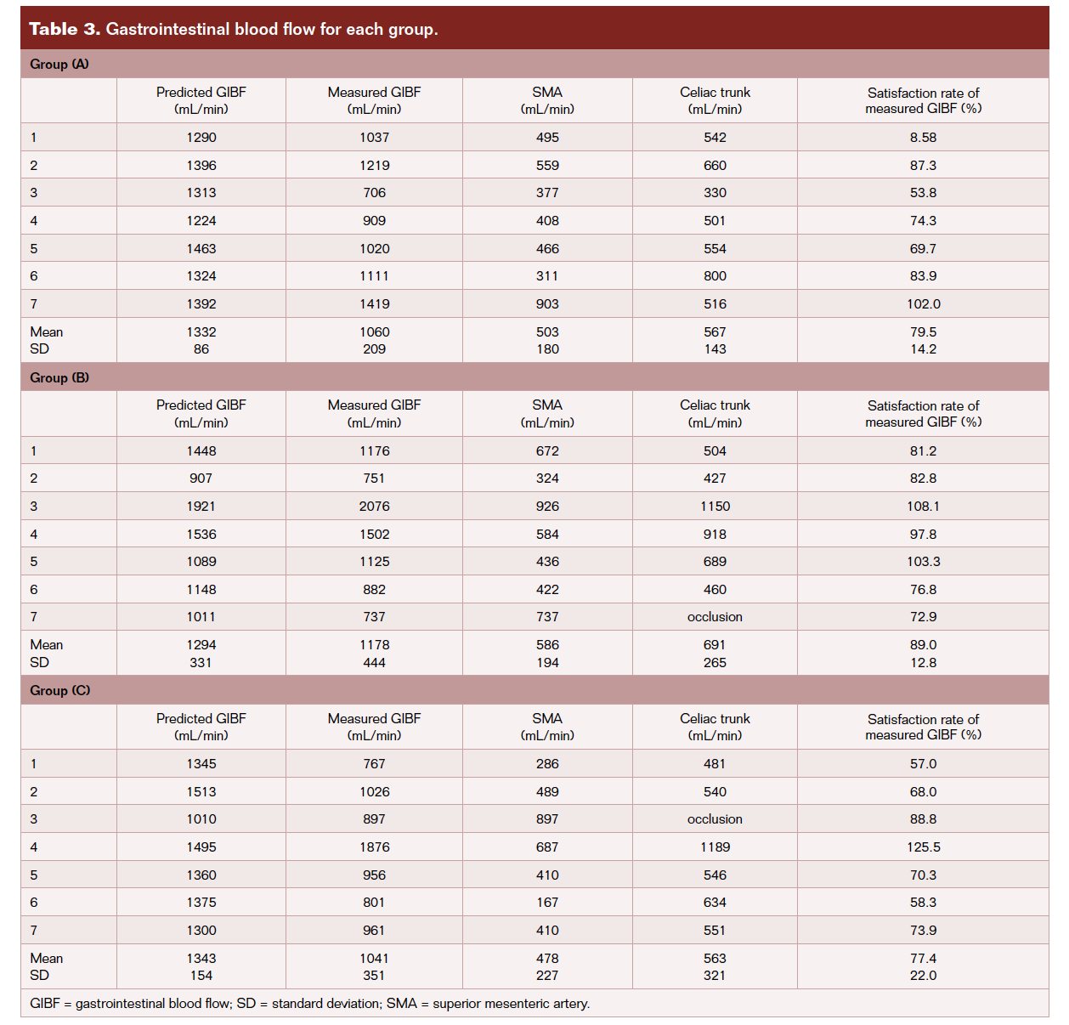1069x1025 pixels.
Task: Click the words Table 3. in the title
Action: [x=65, y=29]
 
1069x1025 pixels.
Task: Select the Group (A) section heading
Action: [x=59, y=65]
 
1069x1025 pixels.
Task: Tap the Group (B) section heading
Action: [x=59, y=377]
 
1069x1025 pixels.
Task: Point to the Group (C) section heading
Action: [x=59, y=690]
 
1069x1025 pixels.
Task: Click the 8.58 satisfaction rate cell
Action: [x=923, y=138]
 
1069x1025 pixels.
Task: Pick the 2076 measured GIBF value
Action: [x=374, y=507]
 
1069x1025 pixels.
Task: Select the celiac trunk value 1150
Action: [x=715, y=507]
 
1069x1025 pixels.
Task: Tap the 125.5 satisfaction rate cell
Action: [x=923, y=847]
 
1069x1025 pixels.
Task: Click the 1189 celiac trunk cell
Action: [x=715, y=847]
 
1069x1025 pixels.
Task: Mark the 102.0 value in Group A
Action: [x=923, y=304]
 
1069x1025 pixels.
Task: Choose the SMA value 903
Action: [x=547, y=304]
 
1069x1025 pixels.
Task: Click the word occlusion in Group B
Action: [x=715, y=617]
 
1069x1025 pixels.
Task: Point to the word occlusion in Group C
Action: [x=715, y=819]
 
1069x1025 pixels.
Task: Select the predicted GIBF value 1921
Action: [x=201, y=507]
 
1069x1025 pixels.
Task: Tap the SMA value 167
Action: [x=547, y=903]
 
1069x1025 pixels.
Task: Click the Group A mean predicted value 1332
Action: [x=201, y=332]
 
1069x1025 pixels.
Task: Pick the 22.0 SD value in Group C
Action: [x=923, y=976]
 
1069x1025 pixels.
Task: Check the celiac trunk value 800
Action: [x=715, y=276]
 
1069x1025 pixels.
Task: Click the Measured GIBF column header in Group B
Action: [x=374, y=413]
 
